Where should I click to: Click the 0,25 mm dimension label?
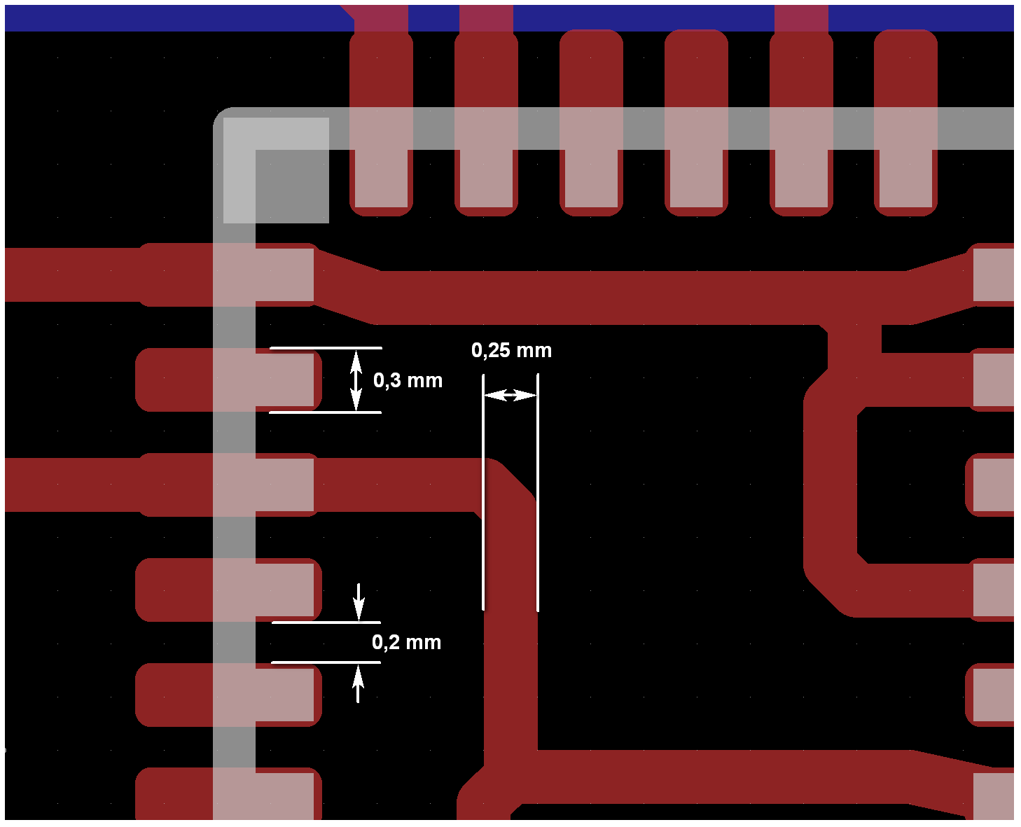tap(511, 350)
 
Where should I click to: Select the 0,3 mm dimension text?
tap(408, 380)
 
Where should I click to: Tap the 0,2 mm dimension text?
tap(406, 642)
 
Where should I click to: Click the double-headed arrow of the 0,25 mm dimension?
tap(510, 396)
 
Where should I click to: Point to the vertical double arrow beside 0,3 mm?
tap(356, 380)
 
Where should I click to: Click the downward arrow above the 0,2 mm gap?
tap(359, 601)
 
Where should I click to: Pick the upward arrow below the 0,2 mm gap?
tap(358, 683)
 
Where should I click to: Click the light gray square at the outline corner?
tap(276, 170)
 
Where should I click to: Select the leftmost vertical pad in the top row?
tap(381, 123)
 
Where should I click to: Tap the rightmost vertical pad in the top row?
tap(905, 123)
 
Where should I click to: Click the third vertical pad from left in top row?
tap(591, 123)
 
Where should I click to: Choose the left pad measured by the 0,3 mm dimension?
tap(228, 380)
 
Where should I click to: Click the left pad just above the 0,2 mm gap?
tap(228, 590)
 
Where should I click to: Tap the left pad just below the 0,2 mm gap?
tap(228, 695)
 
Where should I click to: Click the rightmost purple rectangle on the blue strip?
tap(801, 18)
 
